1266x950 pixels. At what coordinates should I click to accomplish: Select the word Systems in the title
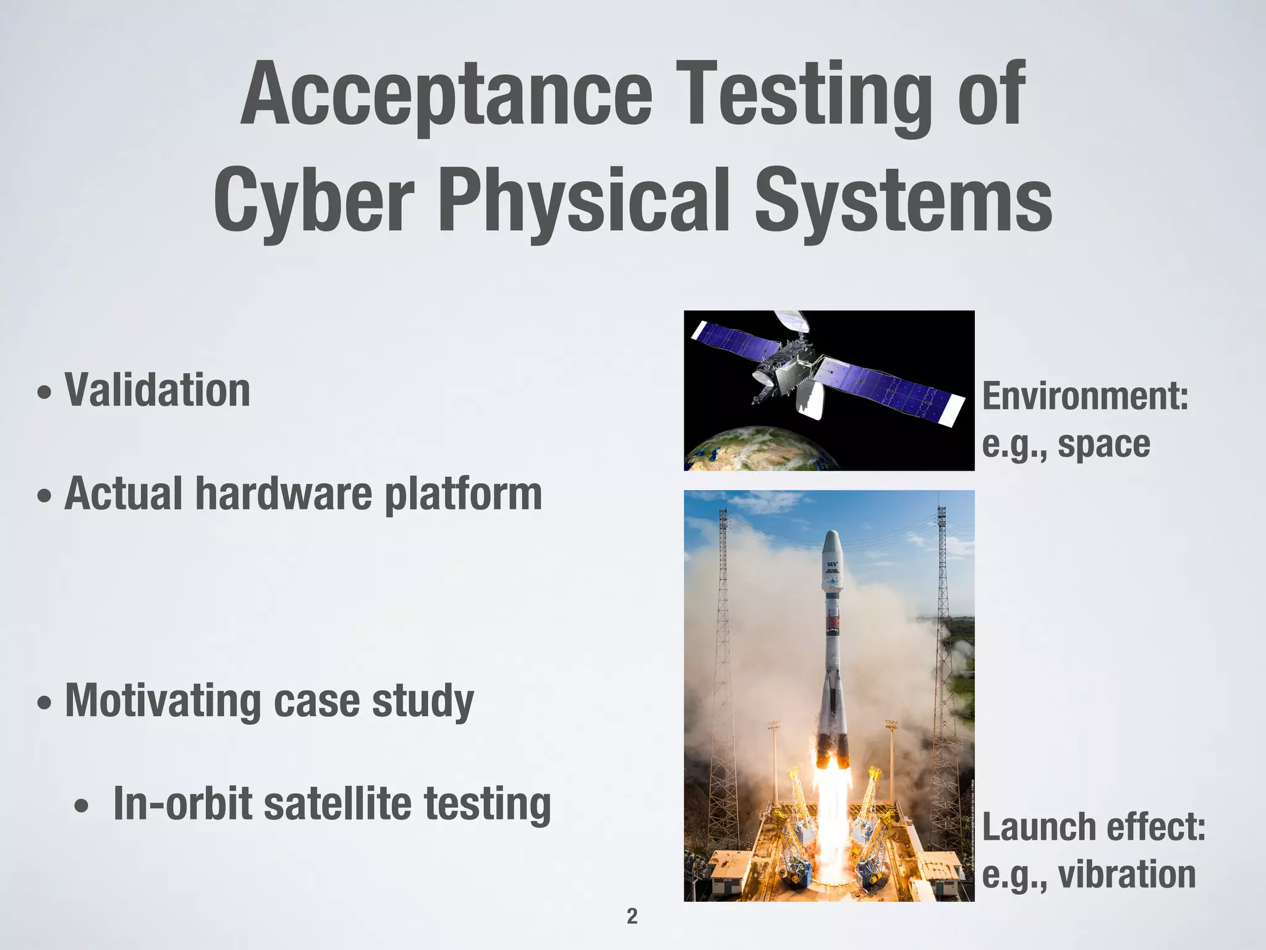tap(903, 200)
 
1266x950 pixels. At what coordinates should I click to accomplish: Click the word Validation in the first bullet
tap(158, 391)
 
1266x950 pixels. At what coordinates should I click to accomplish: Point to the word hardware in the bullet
tap(284, 494)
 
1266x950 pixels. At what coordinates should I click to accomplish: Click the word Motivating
tap(163, 701)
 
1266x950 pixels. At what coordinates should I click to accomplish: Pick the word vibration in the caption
tap(1126, 875)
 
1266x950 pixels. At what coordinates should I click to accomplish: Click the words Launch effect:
tap(1094, 827)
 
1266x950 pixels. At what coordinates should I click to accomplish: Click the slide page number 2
tap(632, 916)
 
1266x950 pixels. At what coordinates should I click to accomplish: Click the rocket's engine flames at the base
tap(832, 798)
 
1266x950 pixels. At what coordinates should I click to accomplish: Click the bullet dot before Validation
tap(44, 393)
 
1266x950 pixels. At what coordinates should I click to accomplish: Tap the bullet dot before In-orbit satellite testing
tap(81, 807)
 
